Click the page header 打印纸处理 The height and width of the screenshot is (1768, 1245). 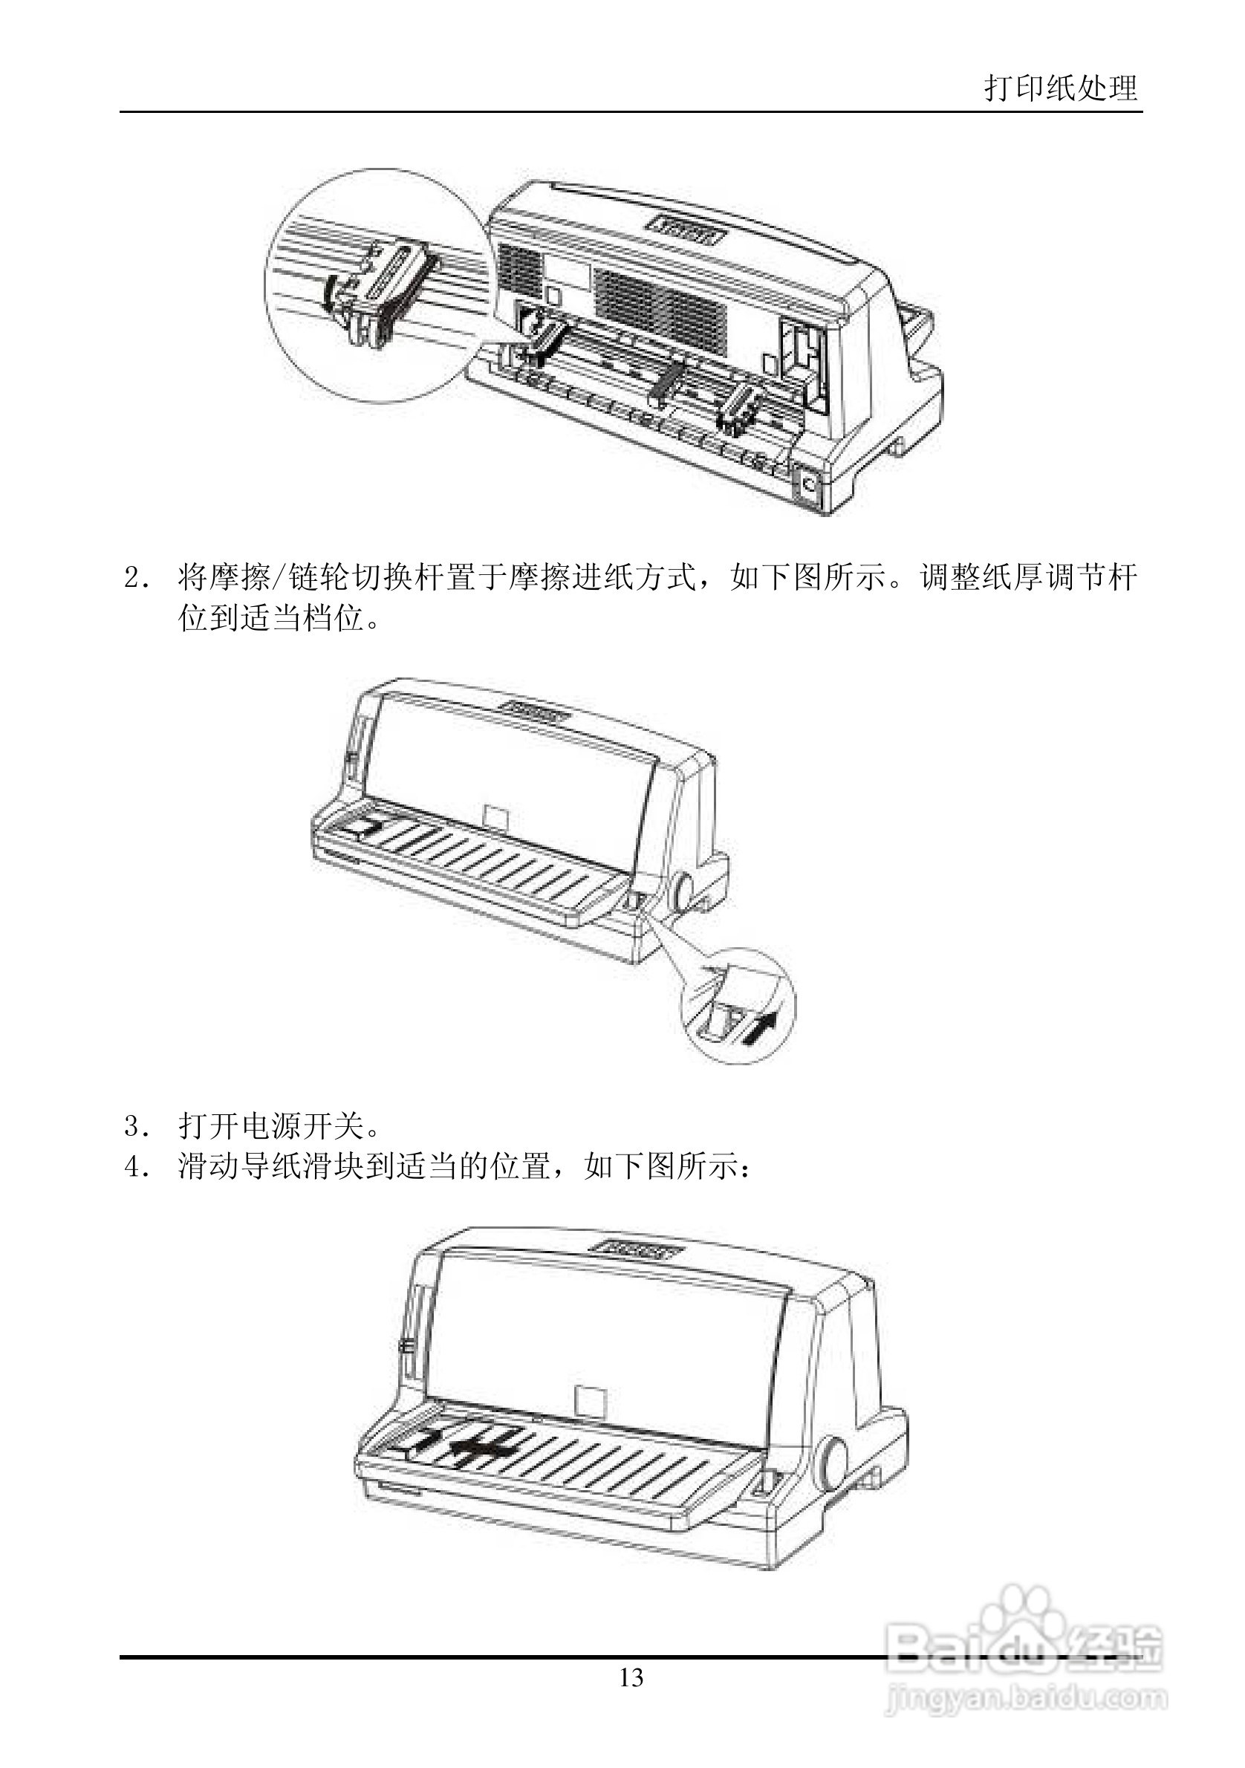(x=1060, y=88)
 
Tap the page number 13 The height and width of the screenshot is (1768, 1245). (x=631, y=1677)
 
